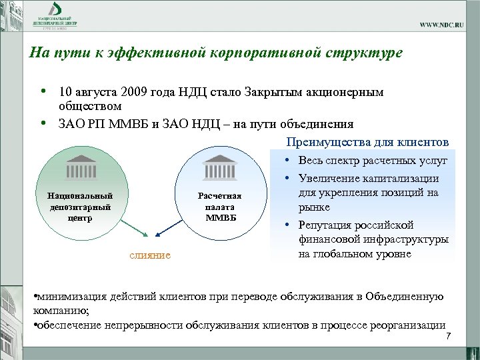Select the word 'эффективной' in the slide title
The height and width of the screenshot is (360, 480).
141,53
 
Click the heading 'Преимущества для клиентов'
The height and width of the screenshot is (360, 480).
367,142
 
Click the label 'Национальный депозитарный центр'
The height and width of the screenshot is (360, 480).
75,206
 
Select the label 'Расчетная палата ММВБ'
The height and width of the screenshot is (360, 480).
219,206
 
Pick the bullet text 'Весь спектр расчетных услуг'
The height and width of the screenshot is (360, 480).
373,161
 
